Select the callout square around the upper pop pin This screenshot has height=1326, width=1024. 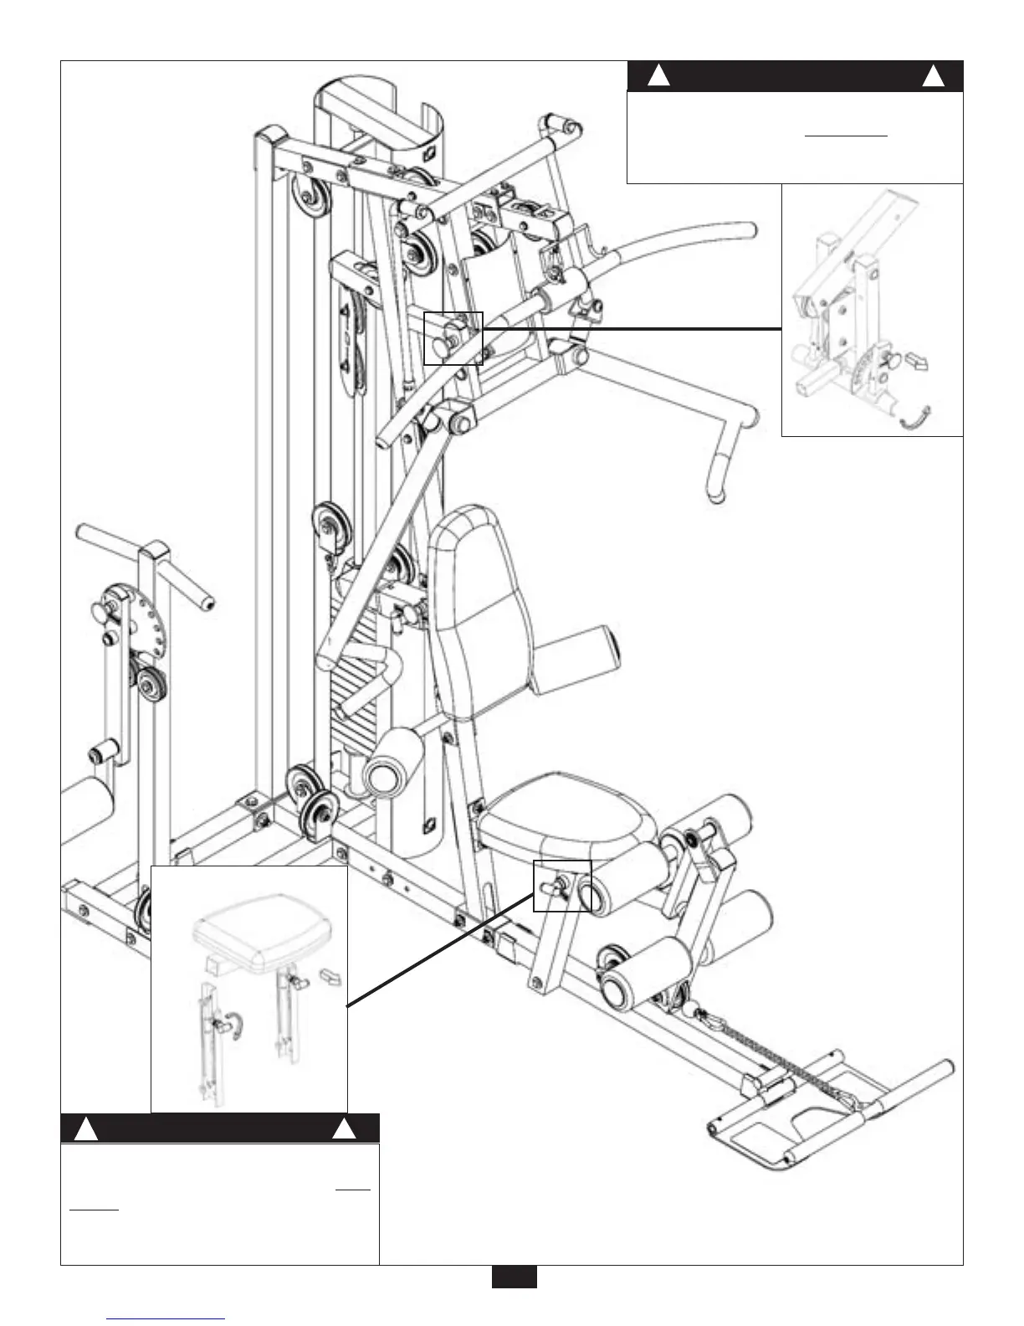pos(453,337)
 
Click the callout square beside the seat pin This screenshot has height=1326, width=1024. pos(562,885)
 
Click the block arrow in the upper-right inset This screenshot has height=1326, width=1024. pos(919,361)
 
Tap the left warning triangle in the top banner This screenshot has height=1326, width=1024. pos(659,76)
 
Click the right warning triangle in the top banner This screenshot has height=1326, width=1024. pos(933,76)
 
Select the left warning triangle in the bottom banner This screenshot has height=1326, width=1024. pos(87,1129)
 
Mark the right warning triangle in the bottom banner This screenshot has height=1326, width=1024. pos(343,1129)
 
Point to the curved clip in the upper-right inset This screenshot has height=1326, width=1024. pos(914,416)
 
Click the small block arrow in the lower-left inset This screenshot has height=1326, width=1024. pos(330,975)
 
